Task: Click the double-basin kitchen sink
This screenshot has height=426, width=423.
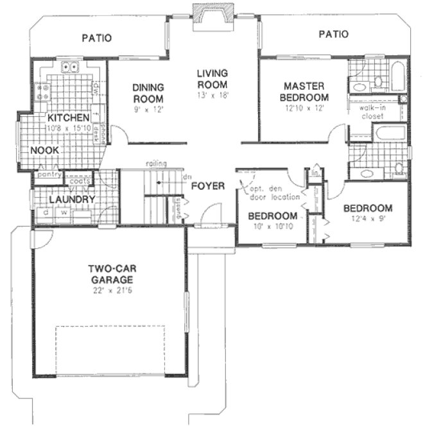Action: [69, 66]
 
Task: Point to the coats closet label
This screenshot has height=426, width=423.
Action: [80, 180]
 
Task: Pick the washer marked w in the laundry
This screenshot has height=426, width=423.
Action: [65, 213]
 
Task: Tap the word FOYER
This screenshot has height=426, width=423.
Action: [208, 187]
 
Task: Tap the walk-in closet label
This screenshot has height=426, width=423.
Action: [375, 113]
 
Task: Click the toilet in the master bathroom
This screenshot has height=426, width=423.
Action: [378, 81]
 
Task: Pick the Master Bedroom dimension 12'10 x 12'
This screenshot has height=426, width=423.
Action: [306, 110]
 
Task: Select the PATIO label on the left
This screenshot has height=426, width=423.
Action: [97, 38]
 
